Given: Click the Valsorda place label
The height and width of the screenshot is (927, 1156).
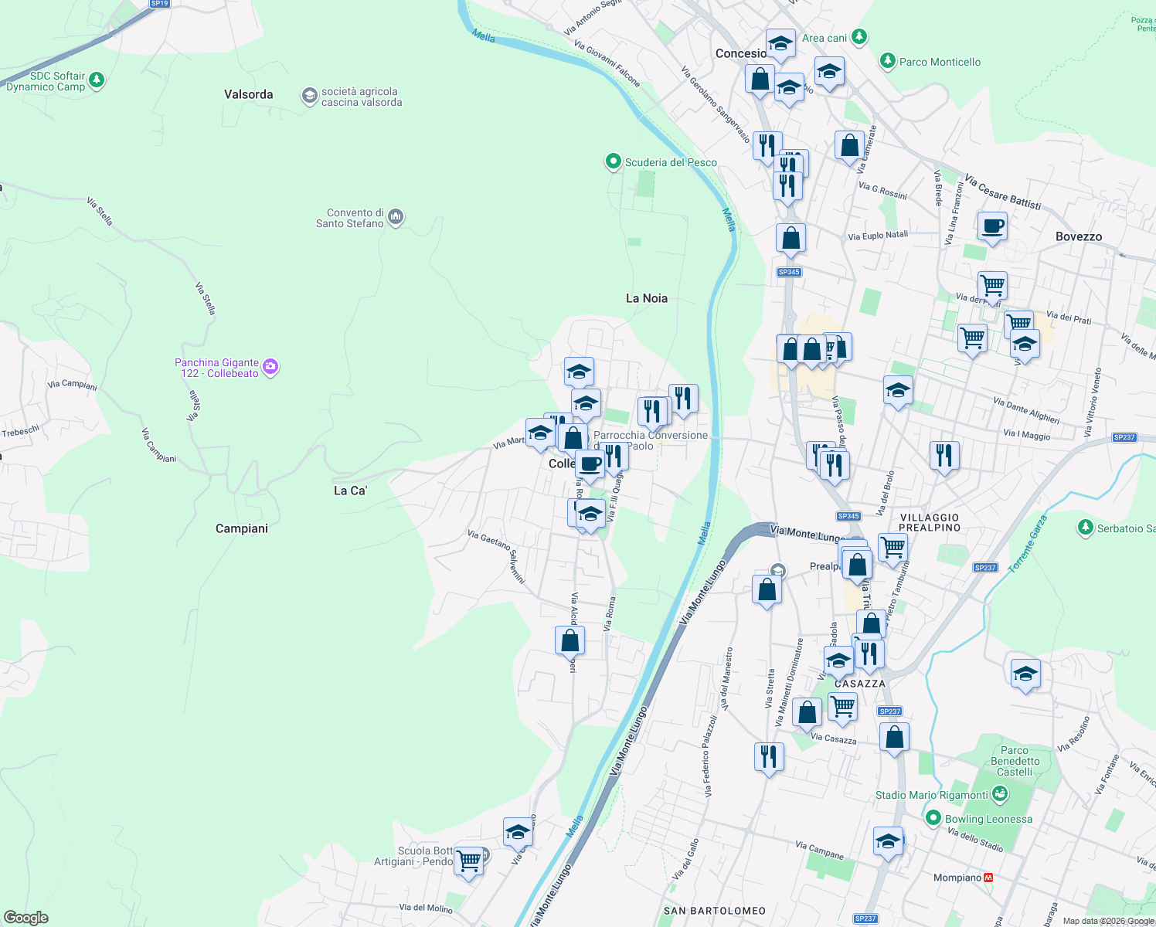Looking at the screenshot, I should pyautogui.click(x=248, y=94).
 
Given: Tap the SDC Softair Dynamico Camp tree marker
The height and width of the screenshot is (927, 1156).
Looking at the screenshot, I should pyautogui.click(x=97, y=80).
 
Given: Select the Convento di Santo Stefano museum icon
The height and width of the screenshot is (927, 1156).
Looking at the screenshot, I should pyautogui.click(x=396, y=217).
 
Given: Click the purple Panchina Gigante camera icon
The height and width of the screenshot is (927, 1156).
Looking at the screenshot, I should pyautogui.click(x=270, y=367).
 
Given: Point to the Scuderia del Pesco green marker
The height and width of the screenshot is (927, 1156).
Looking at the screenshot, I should pyautogui.click(x=614, y=161).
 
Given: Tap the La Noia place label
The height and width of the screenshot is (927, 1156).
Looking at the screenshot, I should pyautogui.click(x=646, y=298).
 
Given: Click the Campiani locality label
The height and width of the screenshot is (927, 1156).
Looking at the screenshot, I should pyautogui.click(x=242, y=528).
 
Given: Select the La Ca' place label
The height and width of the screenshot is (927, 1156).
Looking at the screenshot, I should pyautogui.click(x=350, y=491).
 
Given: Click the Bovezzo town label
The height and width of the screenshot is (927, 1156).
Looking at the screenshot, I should pyautogui.click(x=1079, y=236).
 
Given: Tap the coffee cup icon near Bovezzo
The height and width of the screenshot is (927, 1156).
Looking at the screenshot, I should pyautogui.click(x=992, y=226).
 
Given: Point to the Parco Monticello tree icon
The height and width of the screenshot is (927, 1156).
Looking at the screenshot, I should pyautogui.click(x=888, y=61).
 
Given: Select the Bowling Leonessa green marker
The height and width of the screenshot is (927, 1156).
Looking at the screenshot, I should pyautogui.click(x=933, y=818).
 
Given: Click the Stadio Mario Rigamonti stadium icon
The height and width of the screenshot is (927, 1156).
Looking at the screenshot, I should pyautogui.click(x=1000, y=793).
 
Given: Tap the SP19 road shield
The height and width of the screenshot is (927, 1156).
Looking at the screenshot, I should pyautogui.click(x=159, y=4).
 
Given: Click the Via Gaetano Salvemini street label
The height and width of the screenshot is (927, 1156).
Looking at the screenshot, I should pyautogui.click(x=496, y=556).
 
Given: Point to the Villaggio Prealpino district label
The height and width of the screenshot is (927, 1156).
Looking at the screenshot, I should pyautogui.click(x=930, y=522).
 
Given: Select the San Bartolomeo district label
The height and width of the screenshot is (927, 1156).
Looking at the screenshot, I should pyautogui.click(x=715, y=911).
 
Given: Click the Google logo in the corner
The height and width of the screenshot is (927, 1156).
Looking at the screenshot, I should pyautogui.click(x=26, y=918).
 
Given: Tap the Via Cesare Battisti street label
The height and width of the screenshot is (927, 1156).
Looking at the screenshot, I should pyautogui.click(x=1002, y=192).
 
